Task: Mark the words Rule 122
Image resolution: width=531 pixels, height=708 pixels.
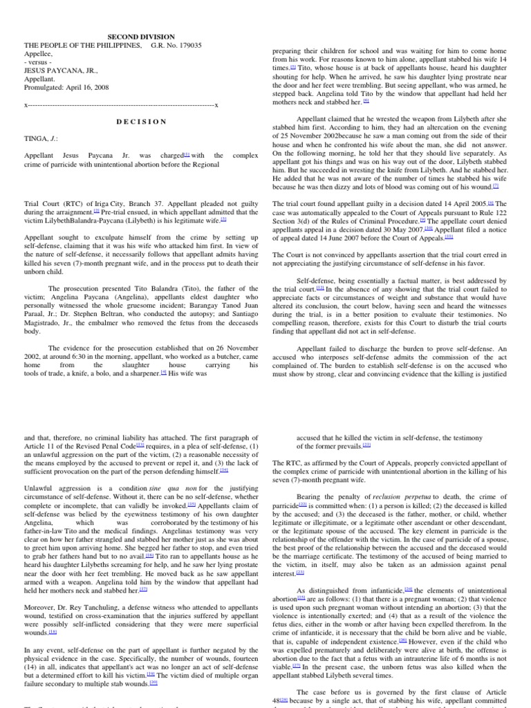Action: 510,212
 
